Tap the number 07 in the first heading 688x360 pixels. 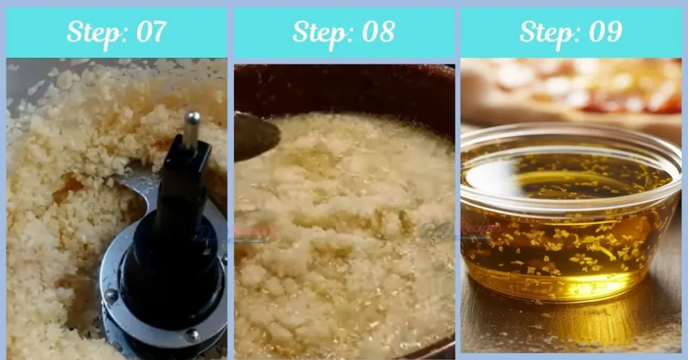tap(149, 32)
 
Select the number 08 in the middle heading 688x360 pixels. tap(376, 32)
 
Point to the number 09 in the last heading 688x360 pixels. tap(603, 32)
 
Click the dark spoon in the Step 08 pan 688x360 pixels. tap(255, 134)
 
